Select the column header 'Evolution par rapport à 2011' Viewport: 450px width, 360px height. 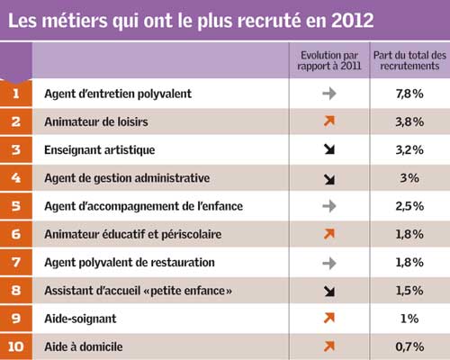pyautogui.click(x=329, y=60)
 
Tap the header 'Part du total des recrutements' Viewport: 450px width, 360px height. pyautogui.click(x=409, y=60)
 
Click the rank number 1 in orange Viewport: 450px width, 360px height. pyautogui.click(x=16, y=94)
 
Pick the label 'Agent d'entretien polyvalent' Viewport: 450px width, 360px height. pyautogui.click(x=118, y=94)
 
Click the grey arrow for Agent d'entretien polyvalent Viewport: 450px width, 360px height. pyautogui.click(x=329, y=94)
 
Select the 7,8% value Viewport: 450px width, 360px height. pyautogui.click(x=409, y=94)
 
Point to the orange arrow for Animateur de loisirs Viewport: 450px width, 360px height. pyautogui.click(x=329, y=121)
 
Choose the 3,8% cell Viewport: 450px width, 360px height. pyautogui.click(x=409, y=121)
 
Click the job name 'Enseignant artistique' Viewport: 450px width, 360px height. pyautogui.click(x=100, y=149)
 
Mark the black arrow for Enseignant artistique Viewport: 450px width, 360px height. pyautogui.click(x=329, y=149)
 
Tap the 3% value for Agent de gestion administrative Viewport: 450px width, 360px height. pyautogui.click(x=409, y=178)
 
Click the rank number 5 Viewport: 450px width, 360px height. pyautogui.click(x=16, y=206)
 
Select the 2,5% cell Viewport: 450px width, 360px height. pyautogui.click(x=409, y=206)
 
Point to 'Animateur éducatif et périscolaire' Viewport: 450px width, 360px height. pyautogui.click(x=133, y=234)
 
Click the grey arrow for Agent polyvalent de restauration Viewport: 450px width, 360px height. pyautogui.click(x=329, y=263)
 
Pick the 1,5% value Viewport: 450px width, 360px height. pyautogui.click(x=409, y=291)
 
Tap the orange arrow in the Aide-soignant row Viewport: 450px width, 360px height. pyautogui.click(x=329, y=318)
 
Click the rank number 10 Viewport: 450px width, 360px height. pyautogui.click(x=16, y=346)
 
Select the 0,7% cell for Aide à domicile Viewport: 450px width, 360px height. pyautogui.click(x=409, y=346)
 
